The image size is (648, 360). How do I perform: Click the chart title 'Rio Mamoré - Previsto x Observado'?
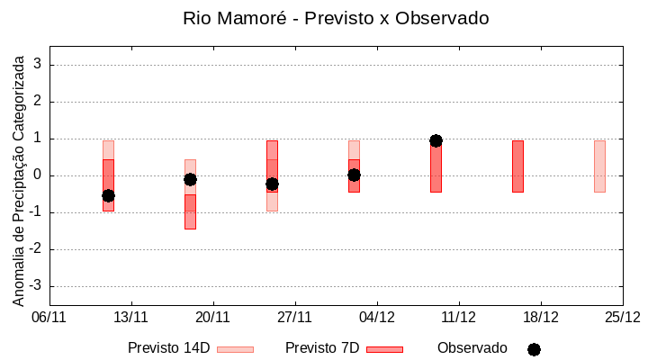336,18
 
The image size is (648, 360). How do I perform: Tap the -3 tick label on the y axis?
36,286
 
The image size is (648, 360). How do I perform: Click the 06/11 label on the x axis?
49,317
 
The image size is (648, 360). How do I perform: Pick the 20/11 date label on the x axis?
213,317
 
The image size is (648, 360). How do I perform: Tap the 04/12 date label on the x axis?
377,317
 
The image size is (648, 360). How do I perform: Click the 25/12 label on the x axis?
623,317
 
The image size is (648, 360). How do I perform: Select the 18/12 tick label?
541,317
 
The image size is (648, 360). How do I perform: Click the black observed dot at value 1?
436,140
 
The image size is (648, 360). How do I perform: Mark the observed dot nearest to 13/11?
108,195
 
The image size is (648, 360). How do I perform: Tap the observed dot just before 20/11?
190,179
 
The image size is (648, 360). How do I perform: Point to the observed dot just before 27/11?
272,184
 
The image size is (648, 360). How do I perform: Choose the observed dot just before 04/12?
354,175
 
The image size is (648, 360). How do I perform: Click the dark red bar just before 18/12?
517,166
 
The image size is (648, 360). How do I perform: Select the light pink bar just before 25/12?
599,166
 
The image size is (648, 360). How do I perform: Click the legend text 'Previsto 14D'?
168,348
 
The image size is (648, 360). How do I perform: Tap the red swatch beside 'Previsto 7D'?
384,349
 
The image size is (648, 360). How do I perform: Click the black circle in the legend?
534,349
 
